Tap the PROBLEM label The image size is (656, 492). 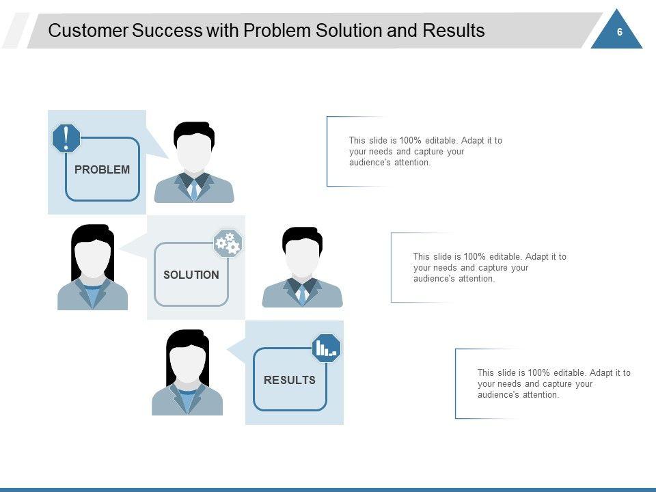(x=102, y=169)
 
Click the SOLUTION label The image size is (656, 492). (x=191, y=275)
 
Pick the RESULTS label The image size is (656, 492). (x=290, y=380)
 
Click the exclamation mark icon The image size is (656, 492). (x=66, y=139)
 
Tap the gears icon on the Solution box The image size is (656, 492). (x=228, y=243)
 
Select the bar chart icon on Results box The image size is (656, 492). (x=326, y=348)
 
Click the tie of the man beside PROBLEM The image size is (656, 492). (x=194, y=189)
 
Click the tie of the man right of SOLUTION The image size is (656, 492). (x=302, y=294)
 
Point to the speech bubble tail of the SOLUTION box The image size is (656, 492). (x=134, y=244)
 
